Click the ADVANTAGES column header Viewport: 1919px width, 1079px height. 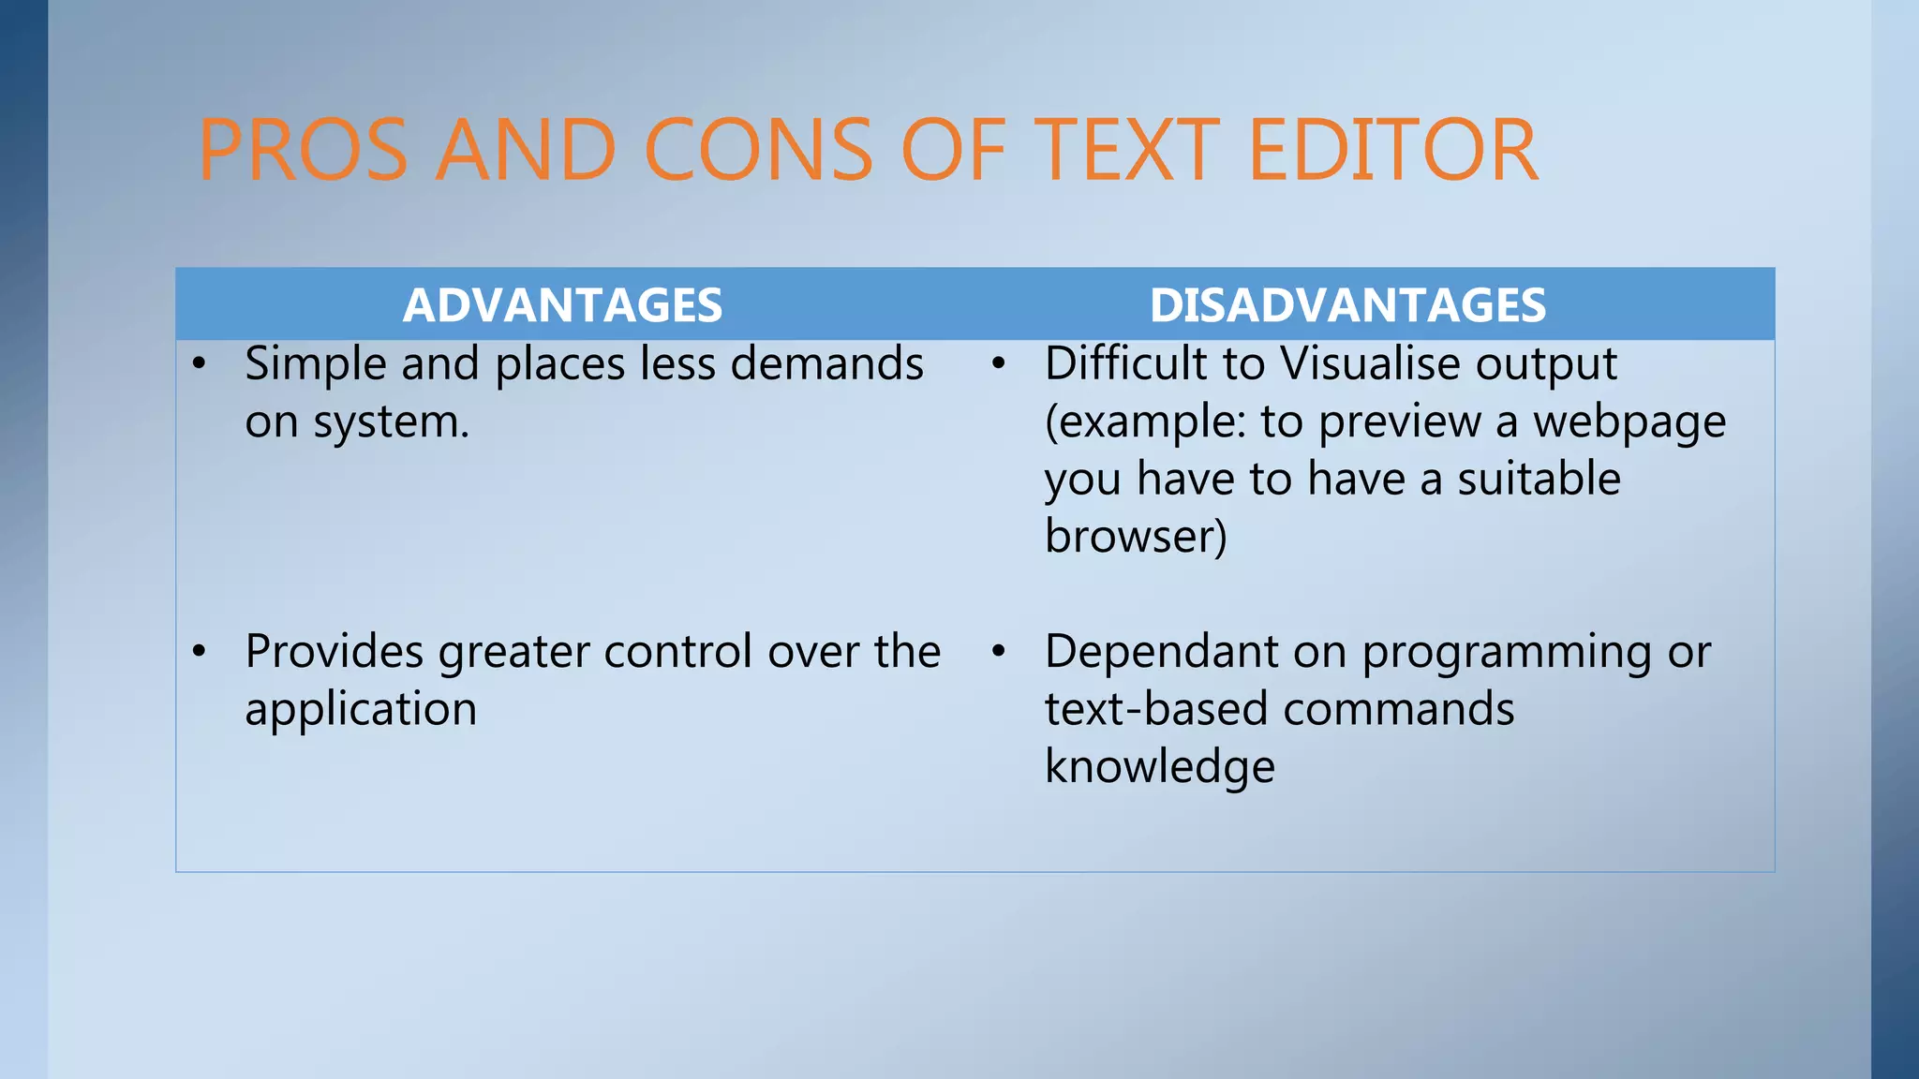point(562,305)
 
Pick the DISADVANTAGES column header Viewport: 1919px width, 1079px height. point(1347,305)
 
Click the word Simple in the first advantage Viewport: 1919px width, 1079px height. point(315,364)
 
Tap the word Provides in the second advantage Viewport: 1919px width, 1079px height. point(334,652)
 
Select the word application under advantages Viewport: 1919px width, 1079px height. point(361,710)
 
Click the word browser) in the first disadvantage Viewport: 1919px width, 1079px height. point(1136,537)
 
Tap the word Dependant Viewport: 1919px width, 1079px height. point(1161,652)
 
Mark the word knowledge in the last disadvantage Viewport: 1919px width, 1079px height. point(1160,767)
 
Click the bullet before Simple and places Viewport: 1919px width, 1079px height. point(199,364)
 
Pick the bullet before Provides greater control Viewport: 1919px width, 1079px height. point(199,652)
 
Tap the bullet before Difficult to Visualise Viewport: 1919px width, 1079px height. point(999,364)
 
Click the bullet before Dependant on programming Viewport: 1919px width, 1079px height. point(999,652)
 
